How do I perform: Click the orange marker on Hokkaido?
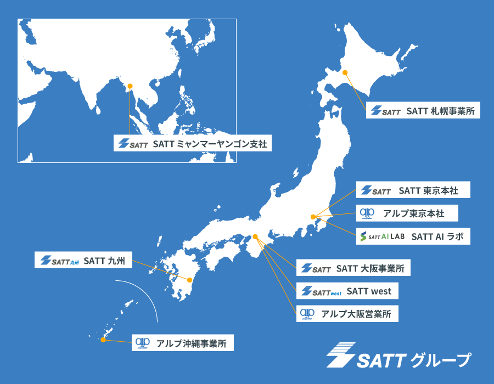345,72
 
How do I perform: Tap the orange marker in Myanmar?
130,86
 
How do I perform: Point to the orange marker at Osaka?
255,237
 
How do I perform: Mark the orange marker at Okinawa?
103,340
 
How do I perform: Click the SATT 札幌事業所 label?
440,110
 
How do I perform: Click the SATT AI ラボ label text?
433,236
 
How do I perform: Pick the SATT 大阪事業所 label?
370,269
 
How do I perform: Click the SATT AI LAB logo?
382,236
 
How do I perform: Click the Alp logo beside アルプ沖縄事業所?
143,343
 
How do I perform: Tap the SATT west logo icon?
322,291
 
